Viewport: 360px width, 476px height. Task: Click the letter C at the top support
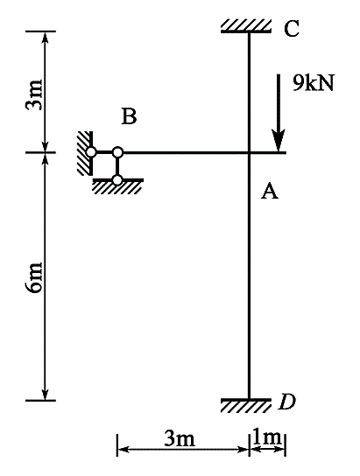292,29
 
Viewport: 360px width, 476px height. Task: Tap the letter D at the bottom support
286,402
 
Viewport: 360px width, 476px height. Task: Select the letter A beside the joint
270,191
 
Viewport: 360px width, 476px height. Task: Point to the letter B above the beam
129,116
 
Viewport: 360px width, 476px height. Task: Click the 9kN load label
314,82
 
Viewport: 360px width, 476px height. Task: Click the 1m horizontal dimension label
267,437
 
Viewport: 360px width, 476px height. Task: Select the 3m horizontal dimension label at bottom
180,438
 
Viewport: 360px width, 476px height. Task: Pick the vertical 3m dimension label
34,95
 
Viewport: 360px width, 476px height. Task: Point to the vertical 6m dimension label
34,277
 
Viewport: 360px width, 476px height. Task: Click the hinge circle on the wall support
91,151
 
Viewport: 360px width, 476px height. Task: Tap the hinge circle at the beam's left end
117,151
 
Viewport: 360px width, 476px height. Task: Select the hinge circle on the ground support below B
117,179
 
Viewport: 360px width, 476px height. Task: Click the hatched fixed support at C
246,26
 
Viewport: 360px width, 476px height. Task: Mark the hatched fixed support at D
246,405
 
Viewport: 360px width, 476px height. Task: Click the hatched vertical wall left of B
85,153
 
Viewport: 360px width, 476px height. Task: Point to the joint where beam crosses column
249,152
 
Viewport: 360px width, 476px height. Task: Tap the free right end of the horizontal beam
286,152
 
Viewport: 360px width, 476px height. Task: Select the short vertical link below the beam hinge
117,165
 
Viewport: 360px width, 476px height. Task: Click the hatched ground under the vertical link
118,186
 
